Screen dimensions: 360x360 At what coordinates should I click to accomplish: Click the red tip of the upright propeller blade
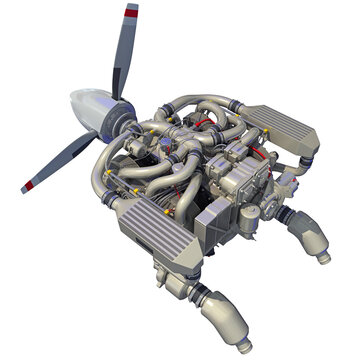click(130, 13)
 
